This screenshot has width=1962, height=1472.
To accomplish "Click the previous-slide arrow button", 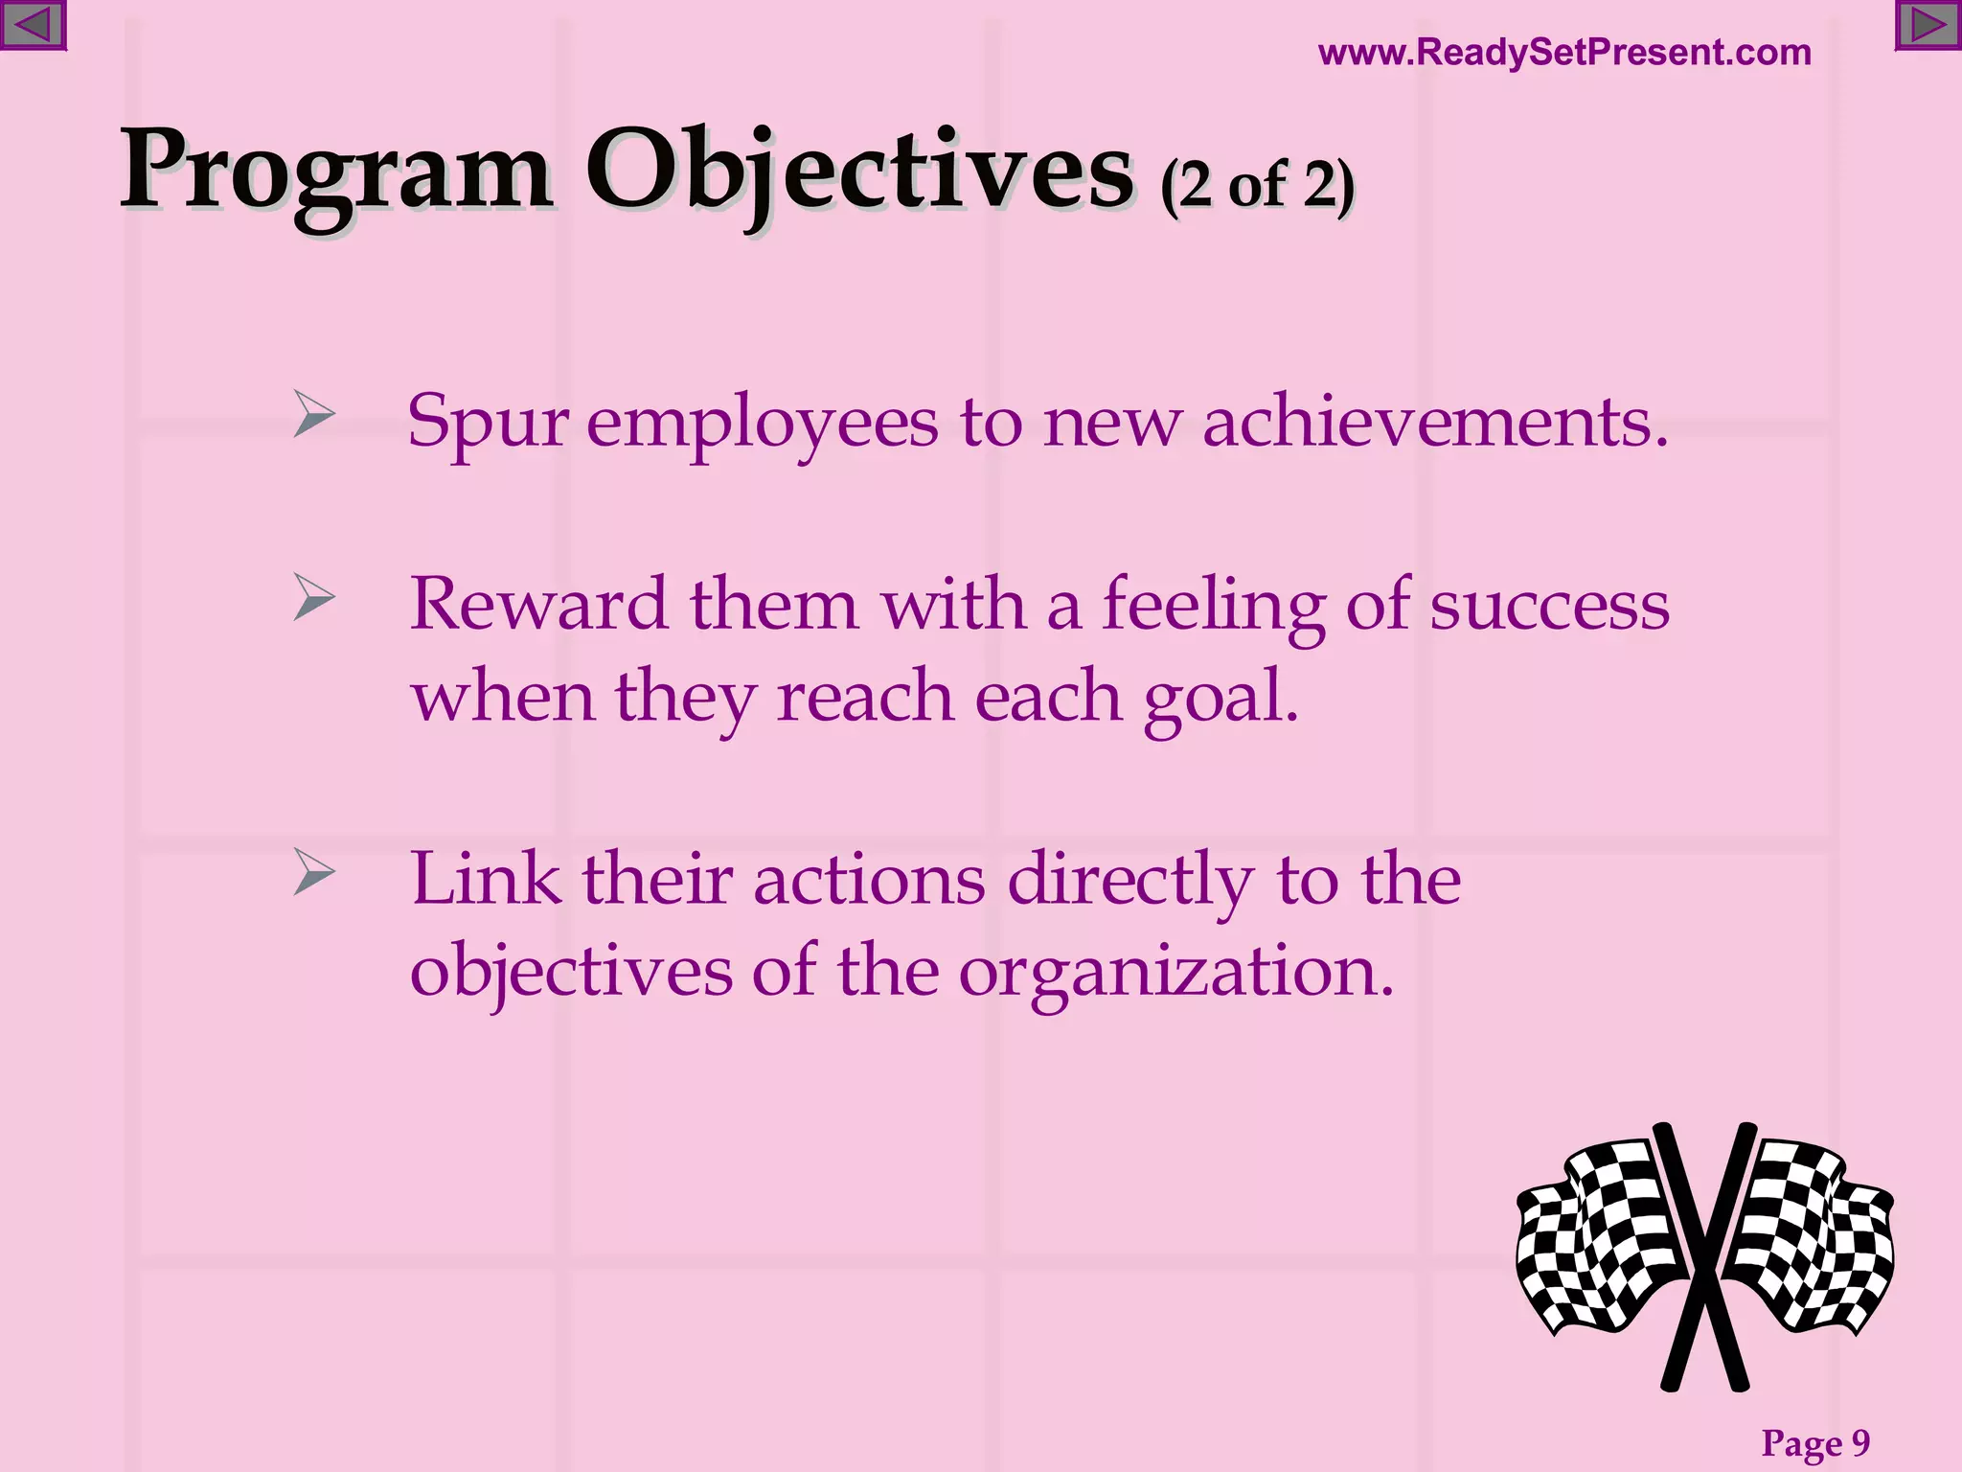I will pos(32,25).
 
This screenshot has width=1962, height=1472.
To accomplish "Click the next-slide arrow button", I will pos(1928,25).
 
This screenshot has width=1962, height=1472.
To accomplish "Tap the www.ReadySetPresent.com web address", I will pos(1564,52).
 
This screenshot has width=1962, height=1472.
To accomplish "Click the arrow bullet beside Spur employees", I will pos(313,414).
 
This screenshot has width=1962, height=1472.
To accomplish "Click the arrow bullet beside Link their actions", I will pos(313,871).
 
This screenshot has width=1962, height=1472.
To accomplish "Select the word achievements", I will pos(1434,422).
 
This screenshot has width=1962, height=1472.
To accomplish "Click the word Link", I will pos(485,879).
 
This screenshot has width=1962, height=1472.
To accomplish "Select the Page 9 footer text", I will pos(1815,1442).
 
